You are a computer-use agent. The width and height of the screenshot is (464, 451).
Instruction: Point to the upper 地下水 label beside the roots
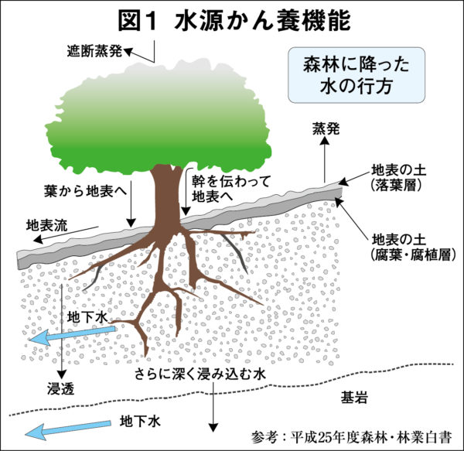tap(85, 317)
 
